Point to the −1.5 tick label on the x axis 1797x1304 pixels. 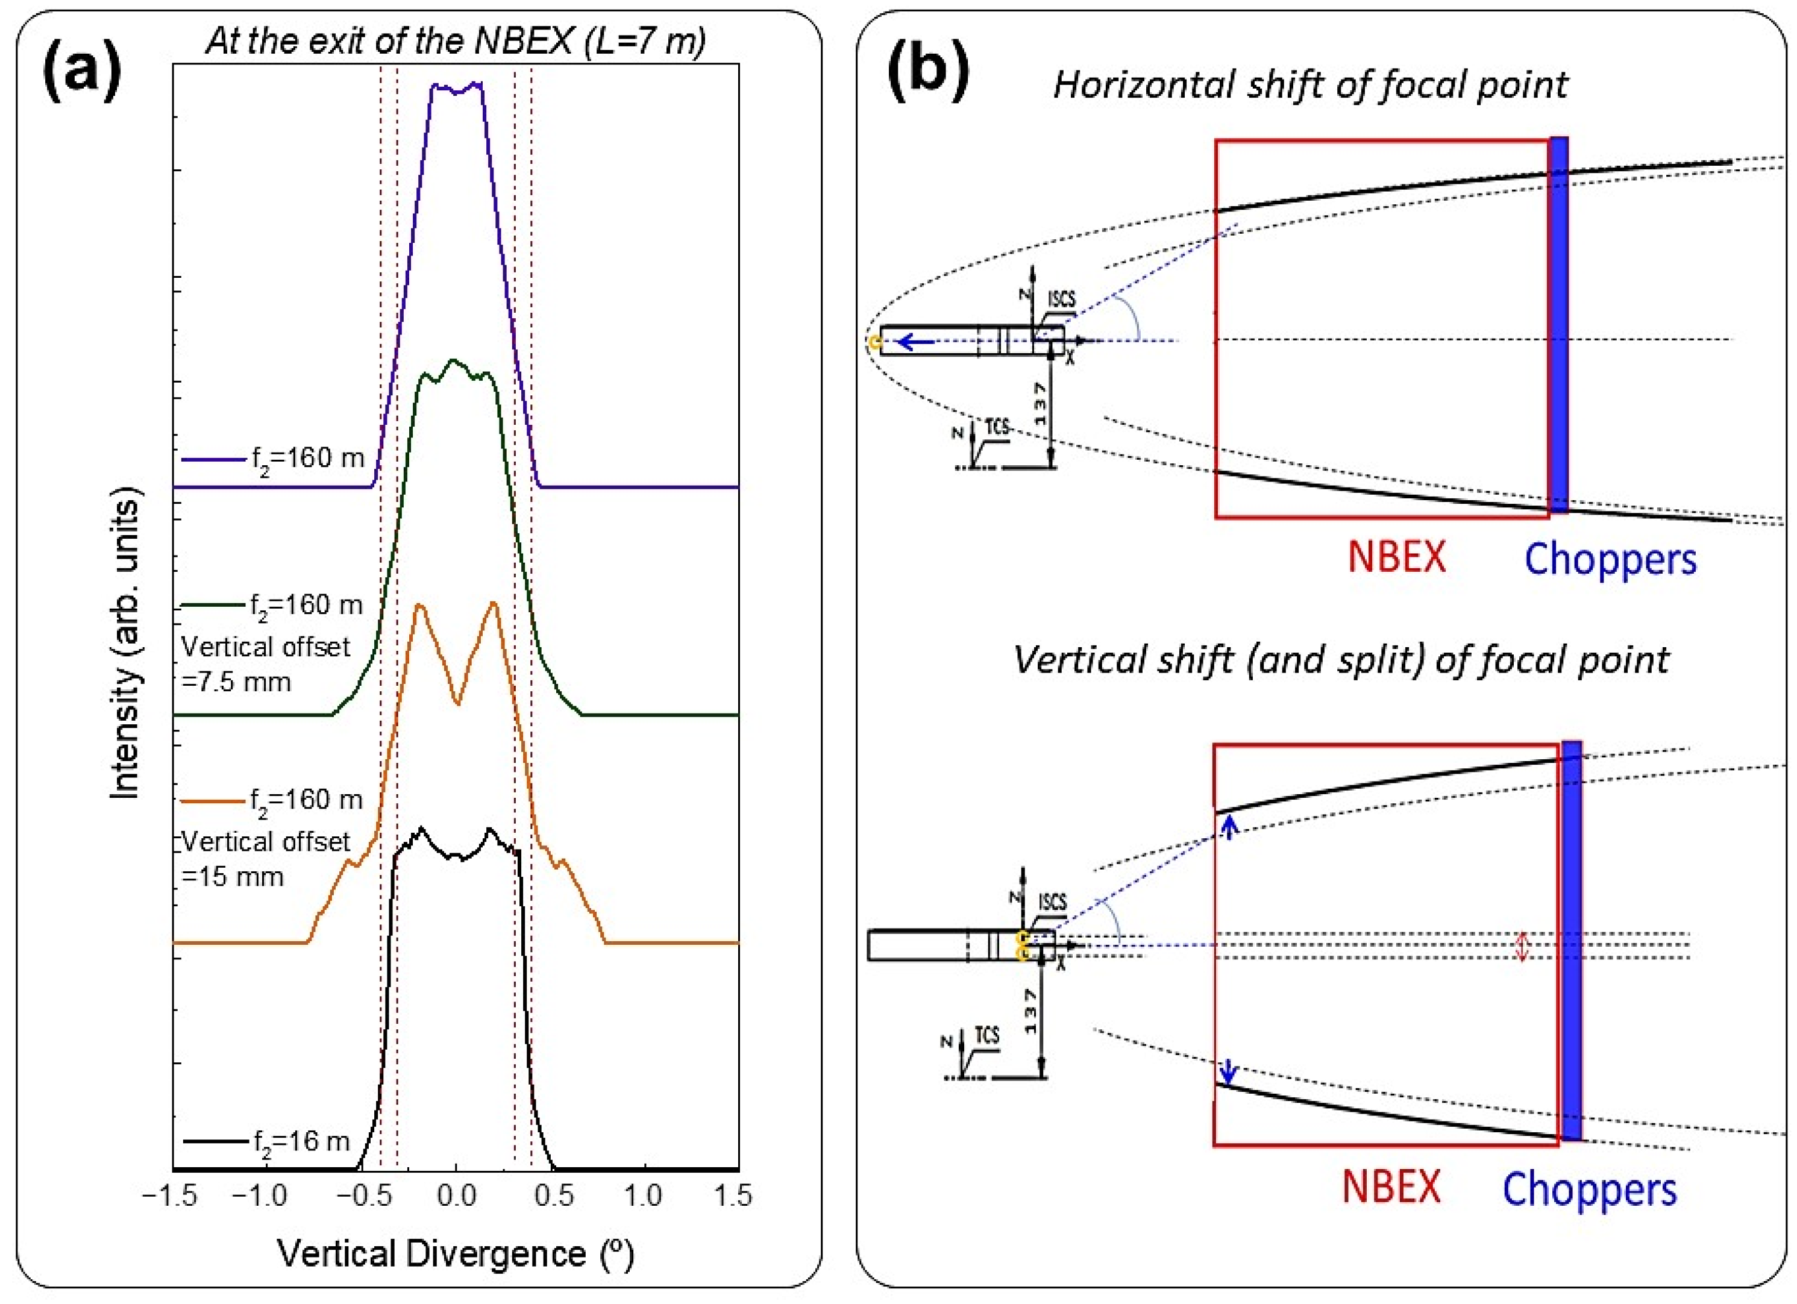169,1196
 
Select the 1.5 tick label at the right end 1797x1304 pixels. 732,1196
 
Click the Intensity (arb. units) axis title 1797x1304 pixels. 125,642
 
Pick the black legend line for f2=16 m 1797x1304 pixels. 215,1141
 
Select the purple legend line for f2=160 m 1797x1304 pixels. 214,459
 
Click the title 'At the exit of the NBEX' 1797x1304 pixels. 455,41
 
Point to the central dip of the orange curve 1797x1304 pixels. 457,702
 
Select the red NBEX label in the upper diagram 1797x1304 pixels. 1396,557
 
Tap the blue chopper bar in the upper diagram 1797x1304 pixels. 1558,325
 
